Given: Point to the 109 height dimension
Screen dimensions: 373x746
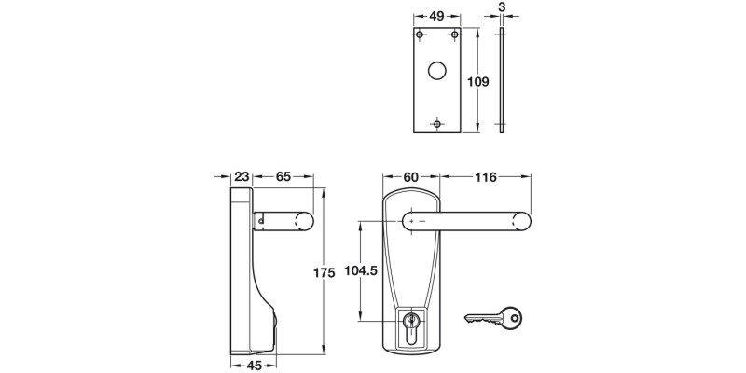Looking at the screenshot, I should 477,82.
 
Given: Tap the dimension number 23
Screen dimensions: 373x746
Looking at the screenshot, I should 241,176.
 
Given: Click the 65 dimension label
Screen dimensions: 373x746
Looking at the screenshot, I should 283,176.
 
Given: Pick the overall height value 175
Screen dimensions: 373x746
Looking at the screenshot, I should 323,272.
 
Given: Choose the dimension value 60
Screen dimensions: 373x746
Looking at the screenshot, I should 412,176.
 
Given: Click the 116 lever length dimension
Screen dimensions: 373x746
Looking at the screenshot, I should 486,176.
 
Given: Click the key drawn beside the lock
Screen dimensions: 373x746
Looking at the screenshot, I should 493,320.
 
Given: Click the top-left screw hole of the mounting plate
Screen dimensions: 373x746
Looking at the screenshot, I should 421,35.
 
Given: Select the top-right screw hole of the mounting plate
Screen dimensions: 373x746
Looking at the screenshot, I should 454,35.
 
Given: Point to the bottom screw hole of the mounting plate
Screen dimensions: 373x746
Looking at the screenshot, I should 437,122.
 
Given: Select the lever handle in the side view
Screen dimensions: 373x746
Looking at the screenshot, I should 284,221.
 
